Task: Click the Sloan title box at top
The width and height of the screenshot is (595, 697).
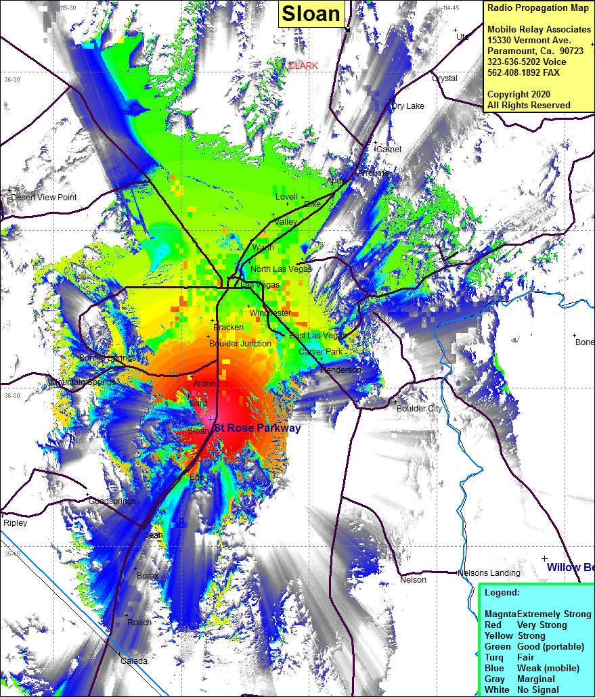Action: click(x=311, y=14)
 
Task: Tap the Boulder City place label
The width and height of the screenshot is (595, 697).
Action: click(x=419, y=409)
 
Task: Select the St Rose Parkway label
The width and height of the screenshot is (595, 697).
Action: click(x=257, y=428)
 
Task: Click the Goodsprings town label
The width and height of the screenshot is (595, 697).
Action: click(x=112, y=501)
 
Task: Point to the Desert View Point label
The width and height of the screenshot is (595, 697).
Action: click(x=44, y=198)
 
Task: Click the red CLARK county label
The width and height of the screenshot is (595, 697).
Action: click(x=303, y=66)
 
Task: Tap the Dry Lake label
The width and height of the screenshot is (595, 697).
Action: click(x=408, y=106)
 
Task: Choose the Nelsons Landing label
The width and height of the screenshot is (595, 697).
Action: click(x=489, y=573)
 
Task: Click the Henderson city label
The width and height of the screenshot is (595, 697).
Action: click(x=340, y=370)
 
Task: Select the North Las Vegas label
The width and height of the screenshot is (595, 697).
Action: click(x=281, y=269)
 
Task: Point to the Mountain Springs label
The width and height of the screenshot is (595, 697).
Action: click(x=83, y=383)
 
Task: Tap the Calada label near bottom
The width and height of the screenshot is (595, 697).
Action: click(x=133, y=661)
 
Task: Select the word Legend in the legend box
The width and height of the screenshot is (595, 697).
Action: click(x=502, y=593)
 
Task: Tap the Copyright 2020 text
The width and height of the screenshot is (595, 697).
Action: click(x=519, y=95)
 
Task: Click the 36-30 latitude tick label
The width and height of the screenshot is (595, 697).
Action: click(x=12, y=80)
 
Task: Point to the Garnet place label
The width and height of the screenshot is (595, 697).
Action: click(x=389, y=150)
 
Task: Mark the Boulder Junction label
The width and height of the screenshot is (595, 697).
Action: click(x=240, y=344)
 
